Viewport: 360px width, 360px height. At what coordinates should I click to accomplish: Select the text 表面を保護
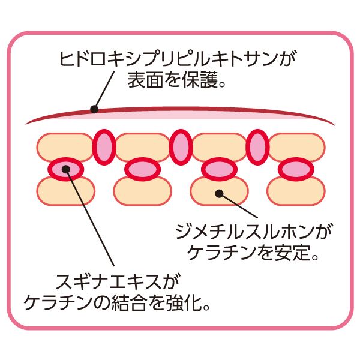[x=172, y=81]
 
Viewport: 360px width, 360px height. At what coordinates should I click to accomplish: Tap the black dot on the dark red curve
[x=94, y=109]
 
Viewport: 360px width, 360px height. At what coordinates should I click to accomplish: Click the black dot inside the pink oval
[x=67, y=170]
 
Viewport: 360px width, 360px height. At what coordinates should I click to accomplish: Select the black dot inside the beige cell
[x=219, y=193]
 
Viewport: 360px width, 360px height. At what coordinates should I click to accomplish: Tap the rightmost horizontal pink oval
[x=296, y=169]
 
